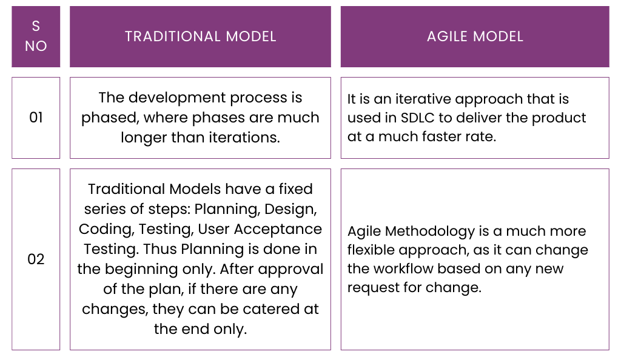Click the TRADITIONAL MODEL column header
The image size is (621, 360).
pos(200,36)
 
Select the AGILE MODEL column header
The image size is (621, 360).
pos(475,36)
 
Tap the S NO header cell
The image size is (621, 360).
pos(36,36)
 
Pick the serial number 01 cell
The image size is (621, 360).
pos(36,118)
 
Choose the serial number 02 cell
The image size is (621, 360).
pos(36,259)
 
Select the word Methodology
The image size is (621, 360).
pos(425,231)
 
